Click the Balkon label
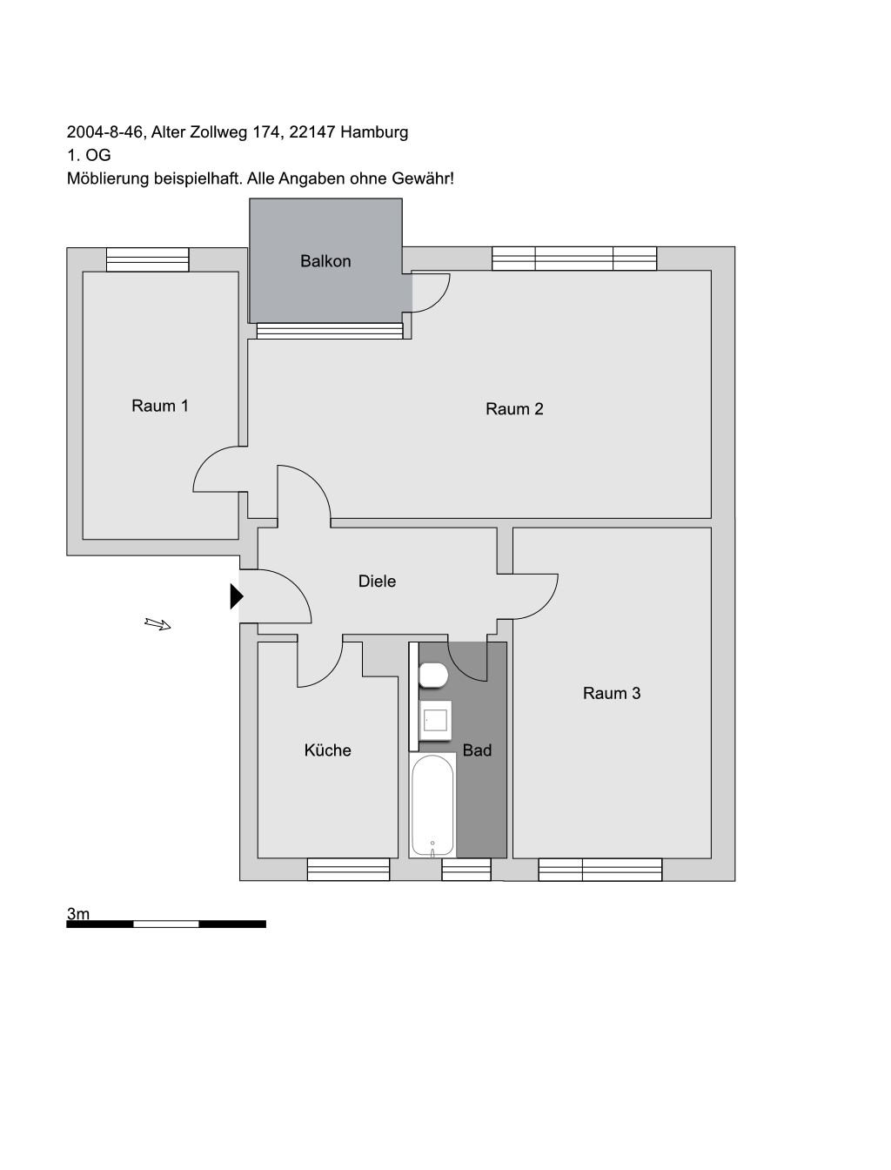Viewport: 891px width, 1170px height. pos(325,261)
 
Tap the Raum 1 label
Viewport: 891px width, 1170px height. pos(160,406)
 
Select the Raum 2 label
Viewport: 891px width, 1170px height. pos(514,409)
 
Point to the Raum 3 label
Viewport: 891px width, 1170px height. pos(612,693)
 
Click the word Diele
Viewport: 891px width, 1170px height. pos(377,581)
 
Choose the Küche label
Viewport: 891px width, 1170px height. pos(327,750)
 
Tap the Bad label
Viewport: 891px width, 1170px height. pos(477,750)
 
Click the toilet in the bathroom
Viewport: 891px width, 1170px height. pos(433,676)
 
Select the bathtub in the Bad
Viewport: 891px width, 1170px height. pos(432,805)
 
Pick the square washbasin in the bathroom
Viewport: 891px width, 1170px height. pos(435,721)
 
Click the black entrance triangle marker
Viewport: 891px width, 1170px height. pos(237,596)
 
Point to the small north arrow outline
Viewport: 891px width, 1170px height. pos(157,623)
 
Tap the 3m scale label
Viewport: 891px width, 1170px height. pos(77,914)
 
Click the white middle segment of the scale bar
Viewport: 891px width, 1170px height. pos(165,925)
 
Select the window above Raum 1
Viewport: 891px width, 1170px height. pos(148,259)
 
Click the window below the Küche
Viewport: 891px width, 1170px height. pos(348,870)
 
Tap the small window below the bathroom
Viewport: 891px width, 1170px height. pos(466,870)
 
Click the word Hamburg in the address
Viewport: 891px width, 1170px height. pos(374,131)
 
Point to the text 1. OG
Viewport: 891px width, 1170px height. pos(89,155)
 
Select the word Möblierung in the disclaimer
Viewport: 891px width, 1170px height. pos(109,178)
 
